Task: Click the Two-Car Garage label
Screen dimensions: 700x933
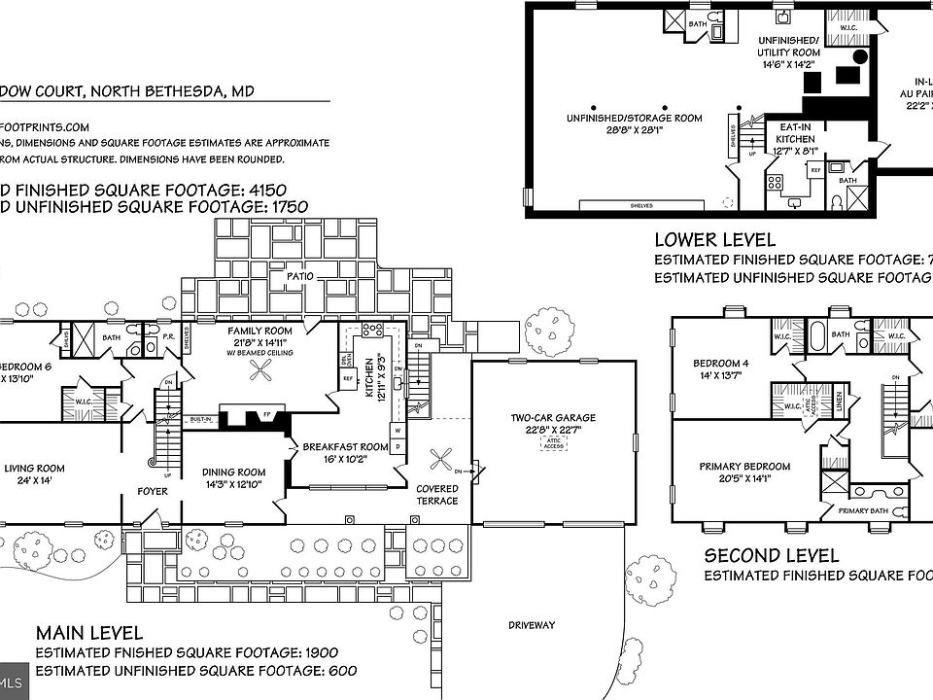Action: click(x=553, y=419)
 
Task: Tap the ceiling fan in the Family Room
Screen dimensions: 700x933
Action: click(x=259, y=368)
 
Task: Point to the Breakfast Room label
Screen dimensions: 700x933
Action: click(x=345, y=447)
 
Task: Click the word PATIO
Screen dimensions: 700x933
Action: click(x=299, y=277)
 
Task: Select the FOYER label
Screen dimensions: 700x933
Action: click(x=153, y=491)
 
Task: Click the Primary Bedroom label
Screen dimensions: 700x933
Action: click(x=745, y=467)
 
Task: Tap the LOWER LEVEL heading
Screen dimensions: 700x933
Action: click(x=714, y=239)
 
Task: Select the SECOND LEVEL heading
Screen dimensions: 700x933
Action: click(x=772, y=555)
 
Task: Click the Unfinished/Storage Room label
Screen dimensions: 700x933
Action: click(x=634, y=119)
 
